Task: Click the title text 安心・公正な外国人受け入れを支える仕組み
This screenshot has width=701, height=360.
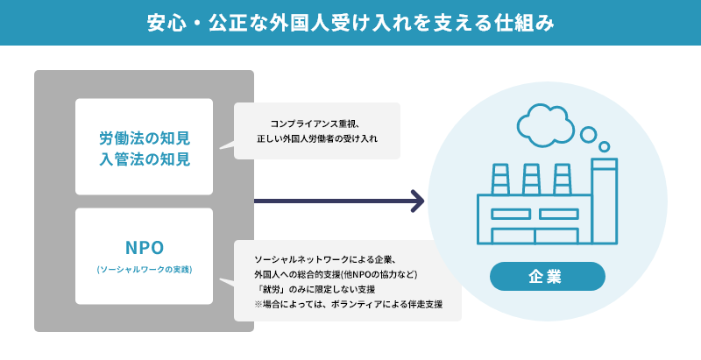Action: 350,23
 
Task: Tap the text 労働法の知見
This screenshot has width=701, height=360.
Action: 145,138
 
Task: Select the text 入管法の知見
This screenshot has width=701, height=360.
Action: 145,159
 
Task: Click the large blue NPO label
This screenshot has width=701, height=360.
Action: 145,247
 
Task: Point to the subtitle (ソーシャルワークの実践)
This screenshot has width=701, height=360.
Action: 145,270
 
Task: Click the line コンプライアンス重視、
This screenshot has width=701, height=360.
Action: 315,124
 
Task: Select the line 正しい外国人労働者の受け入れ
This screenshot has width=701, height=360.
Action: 317,138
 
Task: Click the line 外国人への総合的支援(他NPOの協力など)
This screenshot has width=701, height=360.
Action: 336,274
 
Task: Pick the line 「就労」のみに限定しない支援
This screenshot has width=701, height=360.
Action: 315,289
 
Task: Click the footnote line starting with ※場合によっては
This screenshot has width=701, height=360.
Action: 348,304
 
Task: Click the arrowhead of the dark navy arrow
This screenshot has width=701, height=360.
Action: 418,201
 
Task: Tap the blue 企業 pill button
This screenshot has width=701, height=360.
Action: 547,277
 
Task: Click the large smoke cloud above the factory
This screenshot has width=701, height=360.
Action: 545,125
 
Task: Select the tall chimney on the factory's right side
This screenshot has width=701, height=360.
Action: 604,201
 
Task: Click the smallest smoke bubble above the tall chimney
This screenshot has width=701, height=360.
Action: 604,146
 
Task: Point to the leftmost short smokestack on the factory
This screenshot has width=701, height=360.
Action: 500,179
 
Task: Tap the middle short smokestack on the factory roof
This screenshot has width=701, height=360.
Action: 531,179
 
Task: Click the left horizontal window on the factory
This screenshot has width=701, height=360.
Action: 511,214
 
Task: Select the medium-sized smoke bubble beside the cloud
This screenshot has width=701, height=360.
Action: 588,134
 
